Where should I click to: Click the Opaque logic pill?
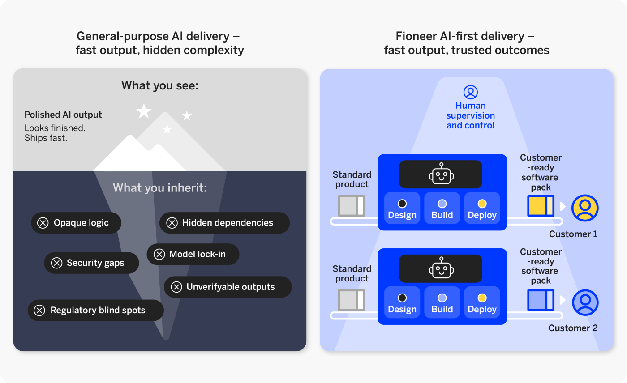click(x=76, y=223)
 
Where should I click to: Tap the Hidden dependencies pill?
click(x=224, y=223)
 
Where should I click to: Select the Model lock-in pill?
click(x=193, y=254)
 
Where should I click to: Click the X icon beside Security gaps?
click(x=56, y=263)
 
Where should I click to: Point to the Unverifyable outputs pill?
click(x=228, y=287)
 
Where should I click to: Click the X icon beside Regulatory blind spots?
click(x=39, y=311)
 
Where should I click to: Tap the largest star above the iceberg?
click(x=144, y=111)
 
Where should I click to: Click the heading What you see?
click(x=160, y=85)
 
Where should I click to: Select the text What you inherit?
click(x=160, y=188)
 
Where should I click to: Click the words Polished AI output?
click(x=63, y=115)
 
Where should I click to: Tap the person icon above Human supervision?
click(x=471, y=92)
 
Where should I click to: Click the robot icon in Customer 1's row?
click(x=442, y=174)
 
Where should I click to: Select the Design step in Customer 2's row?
click(x=402, y=302)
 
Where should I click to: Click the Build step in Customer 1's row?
click(x=442, y=208)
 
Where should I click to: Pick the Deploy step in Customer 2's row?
click(x=482, y=302)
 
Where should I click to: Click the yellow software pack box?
click(x=541, y=206)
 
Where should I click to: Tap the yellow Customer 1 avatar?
click(x=585, y=208)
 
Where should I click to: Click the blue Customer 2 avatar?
click(x=585, y=302)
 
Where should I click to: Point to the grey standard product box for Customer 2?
click(x=352, y=300)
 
